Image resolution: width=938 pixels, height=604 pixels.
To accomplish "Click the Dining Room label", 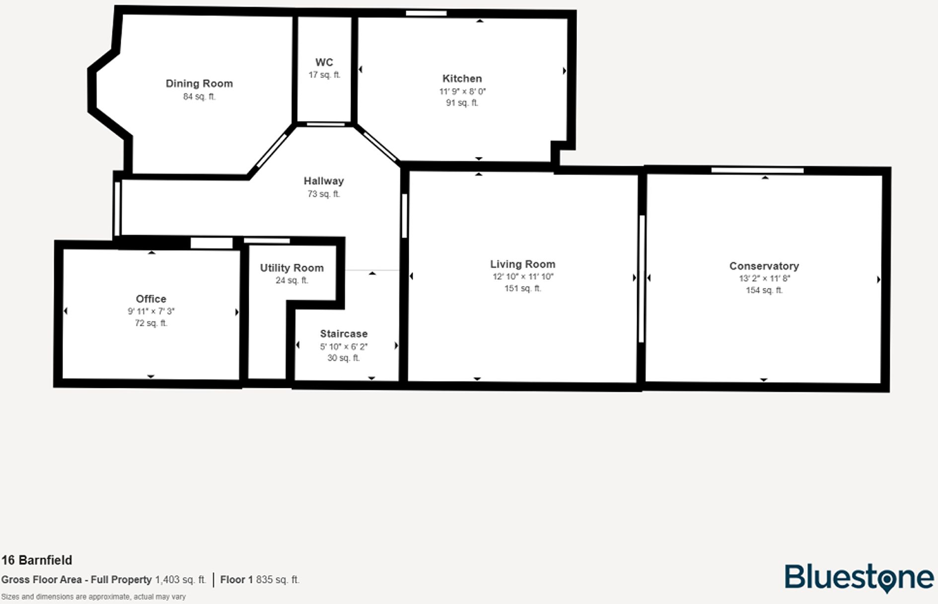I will [x=199, y=83].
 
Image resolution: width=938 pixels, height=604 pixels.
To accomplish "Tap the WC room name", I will [x=324, y=62].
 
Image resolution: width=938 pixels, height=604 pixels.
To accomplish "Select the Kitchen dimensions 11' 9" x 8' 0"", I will [x=462, y=91].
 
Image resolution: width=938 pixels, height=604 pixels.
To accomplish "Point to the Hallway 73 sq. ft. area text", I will [x=323, y=194].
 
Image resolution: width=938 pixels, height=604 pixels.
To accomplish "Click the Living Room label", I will [x=522, y=264].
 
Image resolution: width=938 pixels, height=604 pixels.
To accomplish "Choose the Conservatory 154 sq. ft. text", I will [x=764, y=290].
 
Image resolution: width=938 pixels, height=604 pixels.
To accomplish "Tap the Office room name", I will [x=151, y=299].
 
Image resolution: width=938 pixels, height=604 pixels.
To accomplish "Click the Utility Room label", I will [x=291, y=268].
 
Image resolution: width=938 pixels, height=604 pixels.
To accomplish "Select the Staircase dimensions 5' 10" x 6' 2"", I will [x=344, y=347].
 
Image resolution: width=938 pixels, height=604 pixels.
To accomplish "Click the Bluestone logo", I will [x=859, y=578].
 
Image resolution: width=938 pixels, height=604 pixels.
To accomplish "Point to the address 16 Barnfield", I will [x=37, y=560].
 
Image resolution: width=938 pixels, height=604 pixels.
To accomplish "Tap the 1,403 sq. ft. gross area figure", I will [x=180, y=580].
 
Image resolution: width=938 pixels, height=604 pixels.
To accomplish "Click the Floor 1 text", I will [x=236, y=580].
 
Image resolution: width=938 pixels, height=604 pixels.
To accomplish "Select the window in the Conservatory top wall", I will [x=757, y=170].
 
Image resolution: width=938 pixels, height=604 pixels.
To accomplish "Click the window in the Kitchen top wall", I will [x=426, y=13].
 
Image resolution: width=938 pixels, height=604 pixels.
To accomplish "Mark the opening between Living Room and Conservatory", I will [x=642, y=278].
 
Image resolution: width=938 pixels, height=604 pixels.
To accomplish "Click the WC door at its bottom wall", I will [x=325, y=124].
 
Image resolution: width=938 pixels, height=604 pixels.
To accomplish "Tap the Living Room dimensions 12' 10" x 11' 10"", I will [x=522, y=277].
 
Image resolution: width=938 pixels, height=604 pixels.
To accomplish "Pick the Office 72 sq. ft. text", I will [x=151, y=323].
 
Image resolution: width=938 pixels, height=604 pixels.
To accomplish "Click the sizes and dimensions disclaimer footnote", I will [x=93, y=597].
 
